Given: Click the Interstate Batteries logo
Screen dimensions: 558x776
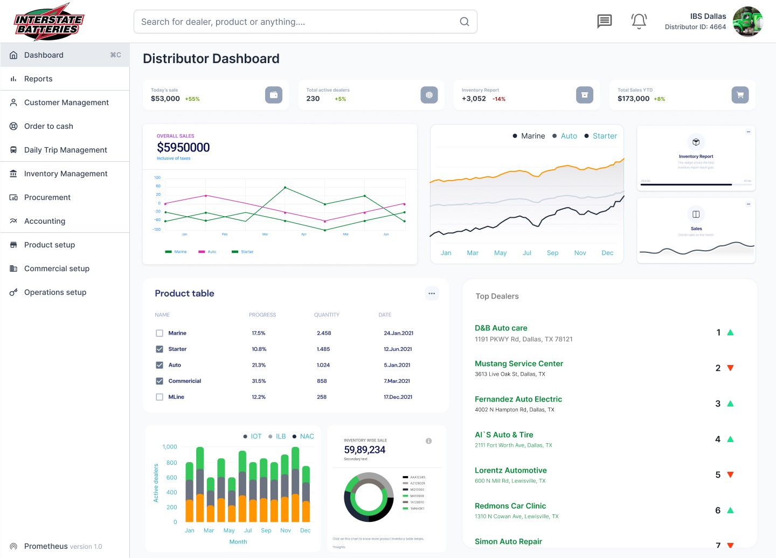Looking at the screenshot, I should (48, 22).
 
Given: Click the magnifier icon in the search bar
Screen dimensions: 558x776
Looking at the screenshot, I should (464, 22).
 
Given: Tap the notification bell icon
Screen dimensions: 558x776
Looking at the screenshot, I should (639, 21).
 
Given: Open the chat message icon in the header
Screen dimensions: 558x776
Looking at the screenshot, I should (605, 21).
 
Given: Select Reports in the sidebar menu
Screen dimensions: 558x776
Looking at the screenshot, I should (38, 79).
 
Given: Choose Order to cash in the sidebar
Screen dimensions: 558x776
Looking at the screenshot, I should (48, 126).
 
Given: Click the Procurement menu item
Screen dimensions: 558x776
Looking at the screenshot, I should (47, 197).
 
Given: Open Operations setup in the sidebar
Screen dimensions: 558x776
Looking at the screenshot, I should (55, 292).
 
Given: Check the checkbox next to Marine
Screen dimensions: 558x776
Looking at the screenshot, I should (160, 333).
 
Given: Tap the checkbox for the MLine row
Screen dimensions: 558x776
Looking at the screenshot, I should (160, 397).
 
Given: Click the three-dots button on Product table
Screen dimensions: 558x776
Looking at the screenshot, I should (432, 293).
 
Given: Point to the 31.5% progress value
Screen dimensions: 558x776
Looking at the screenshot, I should (259, 381).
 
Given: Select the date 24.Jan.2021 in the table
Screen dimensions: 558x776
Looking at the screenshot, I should (398, 333).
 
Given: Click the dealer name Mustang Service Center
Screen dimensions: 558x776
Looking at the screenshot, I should (518, 363).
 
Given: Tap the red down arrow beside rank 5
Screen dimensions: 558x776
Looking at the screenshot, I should (730, 475).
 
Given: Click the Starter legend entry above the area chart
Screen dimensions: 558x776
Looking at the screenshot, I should (604, 136).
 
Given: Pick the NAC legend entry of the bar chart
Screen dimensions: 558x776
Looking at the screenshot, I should (307, 436).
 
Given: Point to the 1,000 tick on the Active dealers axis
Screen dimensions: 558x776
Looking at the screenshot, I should (170, 447).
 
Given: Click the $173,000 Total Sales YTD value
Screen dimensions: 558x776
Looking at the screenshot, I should (633, 99).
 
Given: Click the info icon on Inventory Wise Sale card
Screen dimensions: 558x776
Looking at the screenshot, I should (428, 441).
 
